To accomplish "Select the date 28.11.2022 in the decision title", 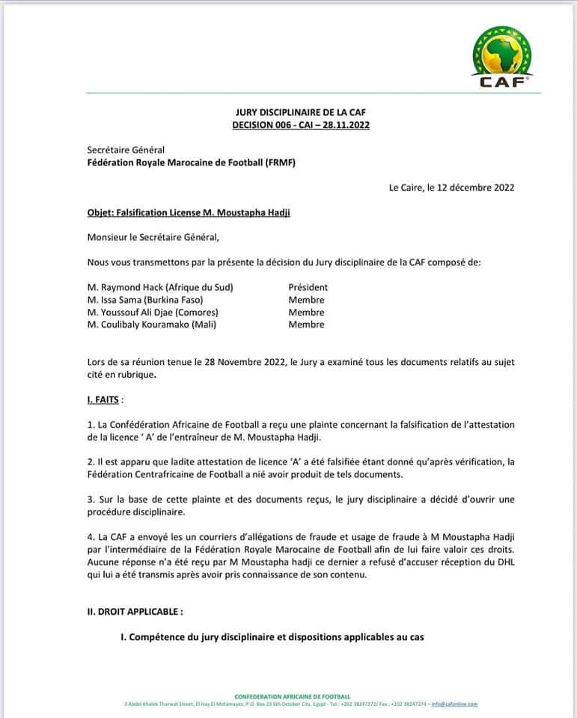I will tap(346, 125).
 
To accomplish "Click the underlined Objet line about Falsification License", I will tap(189, 212).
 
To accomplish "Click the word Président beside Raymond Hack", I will tap(308, 287).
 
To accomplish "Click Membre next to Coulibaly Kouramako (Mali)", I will tap(306, 325).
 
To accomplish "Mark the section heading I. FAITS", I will tap(105, 400).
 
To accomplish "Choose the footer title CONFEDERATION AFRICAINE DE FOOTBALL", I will tap(292, 696).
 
